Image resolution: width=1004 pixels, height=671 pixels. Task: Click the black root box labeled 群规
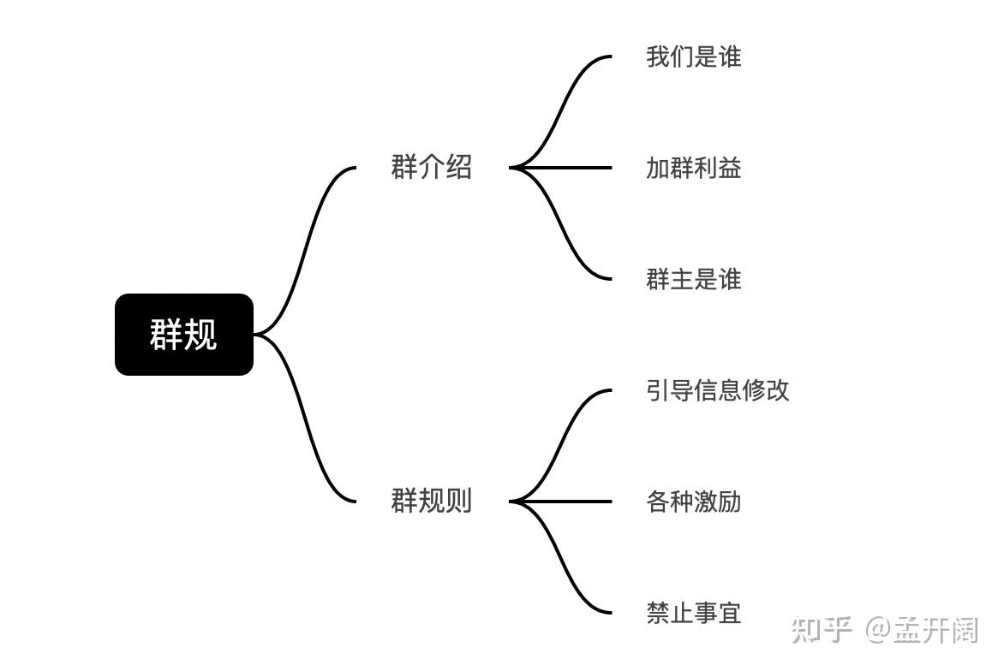tap(184, 335)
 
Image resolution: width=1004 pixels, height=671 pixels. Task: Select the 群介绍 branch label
tap(431, 167)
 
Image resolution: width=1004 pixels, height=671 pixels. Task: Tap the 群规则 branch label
tap(431, 501)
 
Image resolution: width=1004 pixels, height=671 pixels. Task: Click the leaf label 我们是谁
tap(693, 57)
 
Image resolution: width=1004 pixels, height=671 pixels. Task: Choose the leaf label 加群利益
tap(693, 168)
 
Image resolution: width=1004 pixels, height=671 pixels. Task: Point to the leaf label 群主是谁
tap(693, 279)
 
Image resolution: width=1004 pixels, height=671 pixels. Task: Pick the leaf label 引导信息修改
tap(717, 390)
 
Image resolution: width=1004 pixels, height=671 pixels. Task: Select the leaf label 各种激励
tap(693, 502)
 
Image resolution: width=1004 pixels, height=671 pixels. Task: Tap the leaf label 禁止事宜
tap(693, 613)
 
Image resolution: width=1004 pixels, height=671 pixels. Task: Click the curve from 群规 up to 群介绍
tap(304, 248)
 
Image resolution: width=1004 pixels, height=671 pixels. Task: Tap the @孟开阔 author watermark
tap(920, 631)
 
